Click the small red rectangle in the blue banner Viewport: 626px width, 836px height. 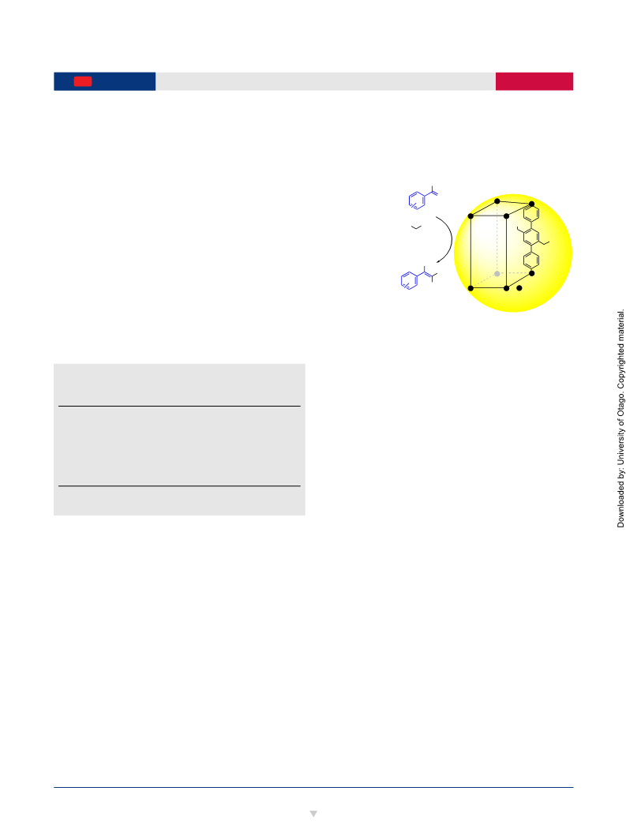coord(83,81)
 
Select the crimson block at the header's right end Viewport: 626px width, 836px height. coord(534,81)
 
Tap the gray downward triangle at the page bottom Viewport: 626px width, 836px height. coord(313,814)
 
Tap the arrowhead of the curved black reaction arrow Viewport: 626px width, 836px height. coord(438,261)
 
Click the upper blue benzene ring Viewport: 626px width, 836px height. coord(417,201)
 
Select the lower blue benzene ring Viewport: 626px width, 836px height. coord(409,280)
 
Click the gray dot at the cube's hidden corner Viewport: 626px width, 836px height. coord(497,273)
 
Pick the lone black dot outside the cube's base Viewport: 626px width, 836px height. coord(519,288)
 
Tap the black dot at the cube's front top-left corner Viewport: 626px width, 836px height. coord(470,216)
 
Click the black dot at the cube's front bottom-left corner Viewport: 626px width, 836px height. coord(470,288)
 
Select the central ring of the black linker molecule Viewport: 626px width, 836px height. coord(531,237)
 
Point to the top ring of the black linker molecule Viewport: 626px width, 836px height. coord(531,214)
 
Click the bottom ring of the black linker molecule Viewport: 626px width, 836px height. coord(531,261)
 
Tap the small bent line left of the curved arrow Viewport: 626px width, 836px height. coord(417,227)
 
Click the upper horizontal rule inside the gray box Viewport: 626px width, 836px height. coord(179,407)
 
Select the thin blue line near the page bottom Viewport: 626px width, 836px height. coord(313,787)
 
